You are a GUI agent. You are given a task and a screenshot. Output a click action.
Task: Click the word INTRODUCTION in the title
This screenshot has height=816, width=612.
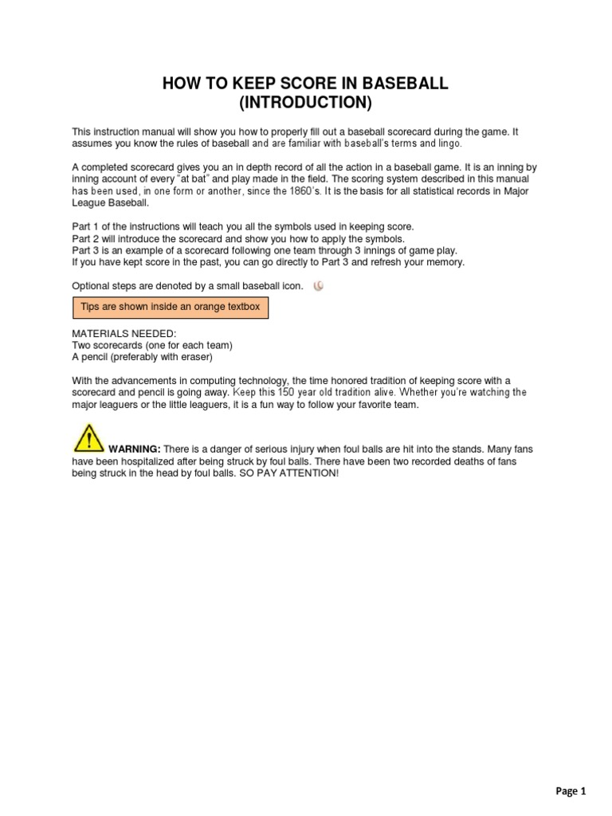click(306, 103)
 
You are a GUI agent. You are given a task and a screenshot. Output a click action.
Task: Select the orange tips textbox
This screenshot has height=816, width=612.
click(171, 307)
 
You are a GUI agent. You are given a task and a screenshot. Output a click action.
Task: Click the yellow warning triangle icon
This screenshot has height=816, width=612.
click(88, 438)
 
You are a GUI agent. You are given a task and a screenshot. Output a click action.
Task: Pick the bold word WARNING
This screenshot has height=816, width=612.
click(135, 450)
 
